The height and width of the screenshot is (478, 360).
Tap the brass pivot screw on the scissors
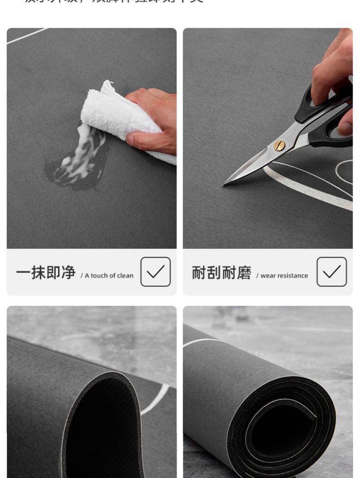(x=279, y=145)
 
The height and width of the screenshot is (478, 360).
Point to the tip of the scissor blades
(x=224, y=184)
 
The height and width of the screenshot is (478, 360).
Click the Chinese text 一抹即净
(x=46, y=272)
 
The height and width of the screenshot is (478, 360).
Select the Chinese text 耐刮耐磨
(x=221, y=272)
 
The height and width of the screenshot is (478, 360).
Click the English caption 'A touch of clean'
(x=108, y=275)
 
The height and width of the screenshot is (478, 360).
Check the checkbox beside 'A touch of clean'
(x=155, y=272)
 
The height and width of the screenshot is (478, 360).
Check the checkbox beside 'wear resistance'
(x=331, y=272)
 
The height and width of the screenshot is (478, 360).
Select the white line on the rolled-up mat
(x=201, y=342)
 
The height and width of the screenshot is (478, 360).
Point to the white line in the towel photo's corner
(x=27, y=36)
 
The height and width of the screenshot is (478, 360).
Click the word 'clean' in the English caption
(x=125, y=275)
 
